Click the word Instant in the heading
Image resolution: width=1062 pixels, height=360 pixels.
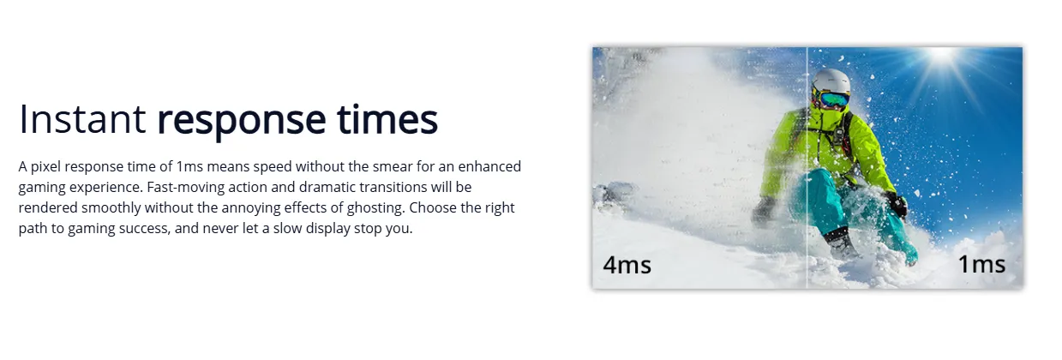point(82,119)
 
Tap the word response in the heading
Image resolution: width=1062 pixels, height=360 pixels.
point(242,122)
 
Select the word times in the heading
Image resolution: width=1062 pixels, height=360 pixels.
point(387,119)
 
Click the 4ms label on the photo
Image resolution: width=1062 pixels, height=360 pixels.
point(627,265)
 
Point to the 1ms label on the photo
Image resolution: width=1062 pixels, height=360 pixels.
point(981,264)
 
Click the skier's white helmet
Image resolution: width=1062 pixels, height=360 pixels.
point(832,81)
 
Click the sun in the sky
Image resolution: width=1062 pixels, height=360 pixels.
point(942,55)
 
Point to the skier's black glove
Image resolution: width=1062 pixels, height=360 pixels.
point(897,204)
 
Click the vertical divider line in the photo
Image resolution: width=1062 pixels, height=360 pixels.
point(807,167)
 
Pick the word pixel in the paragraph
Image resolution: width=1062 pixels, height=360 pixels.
point(45,167)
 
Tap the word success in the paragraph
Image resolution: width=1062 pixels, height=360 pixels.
point(144,229)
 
